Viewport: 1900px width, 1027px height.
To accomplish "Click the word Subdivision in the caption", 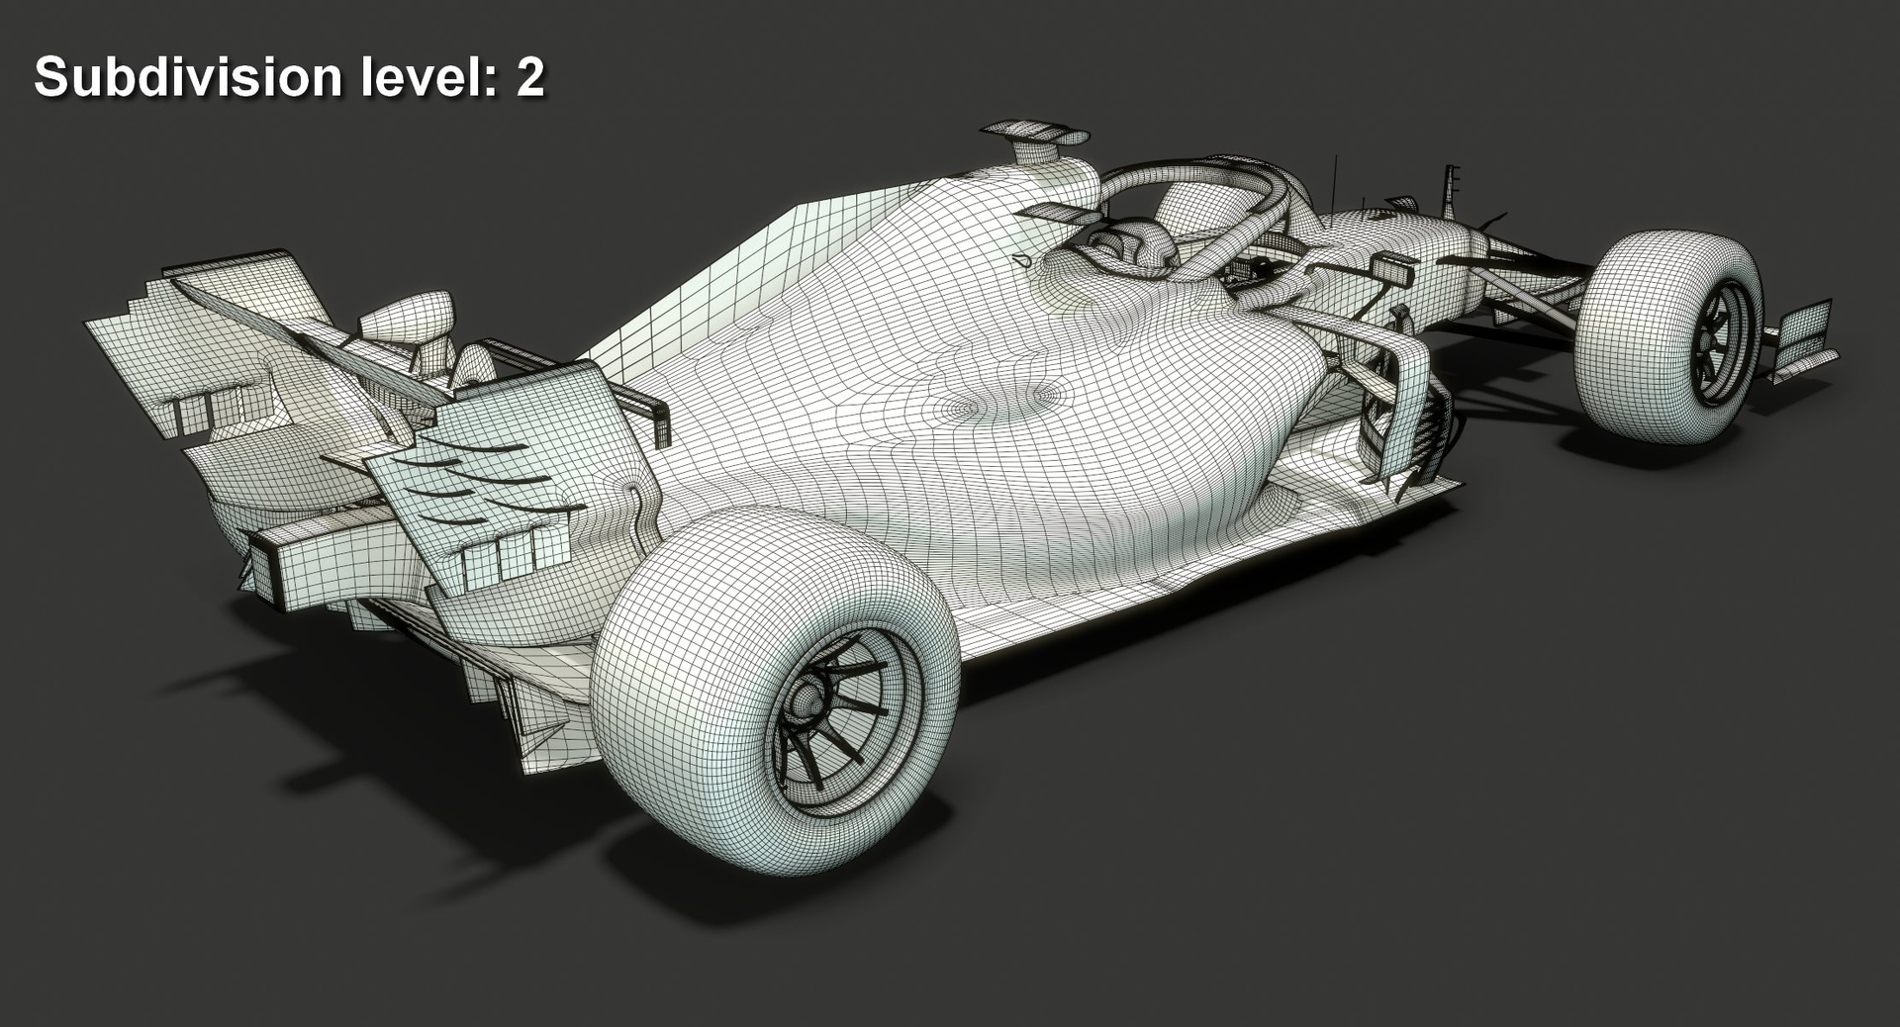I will (x=188, y=77).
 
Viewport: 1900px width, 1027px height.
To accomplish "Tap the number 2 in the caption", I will (x=530, y=77).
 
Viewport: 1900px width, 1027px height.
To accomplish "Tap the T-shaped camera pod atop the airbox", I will (x=1034, y=133).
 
